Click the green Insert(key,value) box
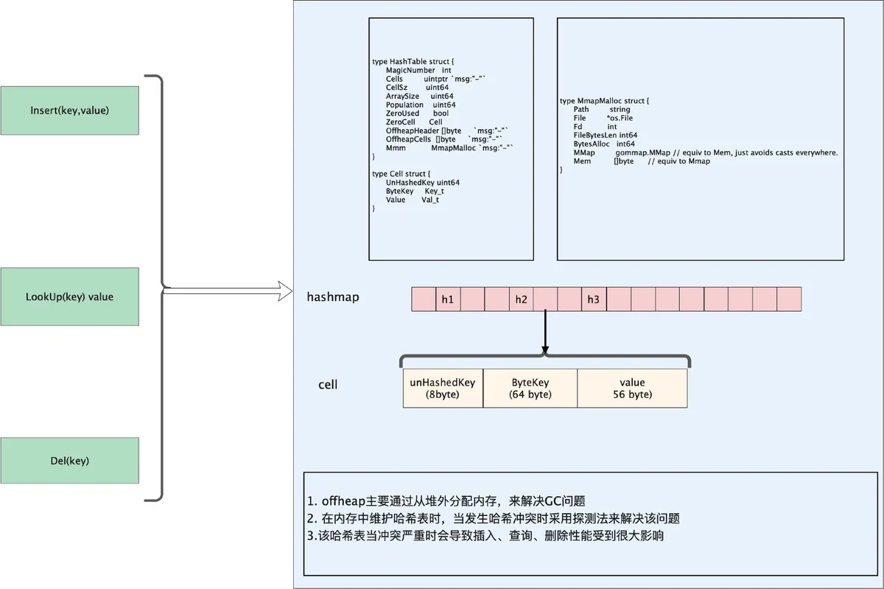tap(70, 111)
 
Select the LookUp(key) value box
tap(70, 296)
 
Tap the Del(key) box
tap(70, 461)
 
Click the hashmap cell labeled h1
tap(448, 299)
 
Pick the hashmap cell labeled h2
tap(522, 299)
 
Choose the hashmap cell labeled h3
tap(594, 299)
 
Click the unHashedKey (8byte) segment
tap(443, 388)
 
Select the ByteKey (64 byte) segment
tap(530, 388)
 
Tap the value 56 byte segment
tap(632, 388)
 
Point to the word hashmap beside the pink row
tap(333, 296)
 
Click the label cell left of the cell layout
tap(328, 385)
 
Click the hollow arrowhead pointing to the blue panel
tap(285, 291)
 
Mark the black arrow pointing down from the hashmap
tap(545, 332)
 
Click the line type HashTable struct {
tap(413, 62)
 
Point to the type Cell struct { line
tap(401, 174)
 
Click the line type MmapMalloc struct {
tap(604, 101)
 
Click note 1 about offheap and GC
tap(446, 501)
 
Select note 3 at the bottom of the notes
tap(485, 536)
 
